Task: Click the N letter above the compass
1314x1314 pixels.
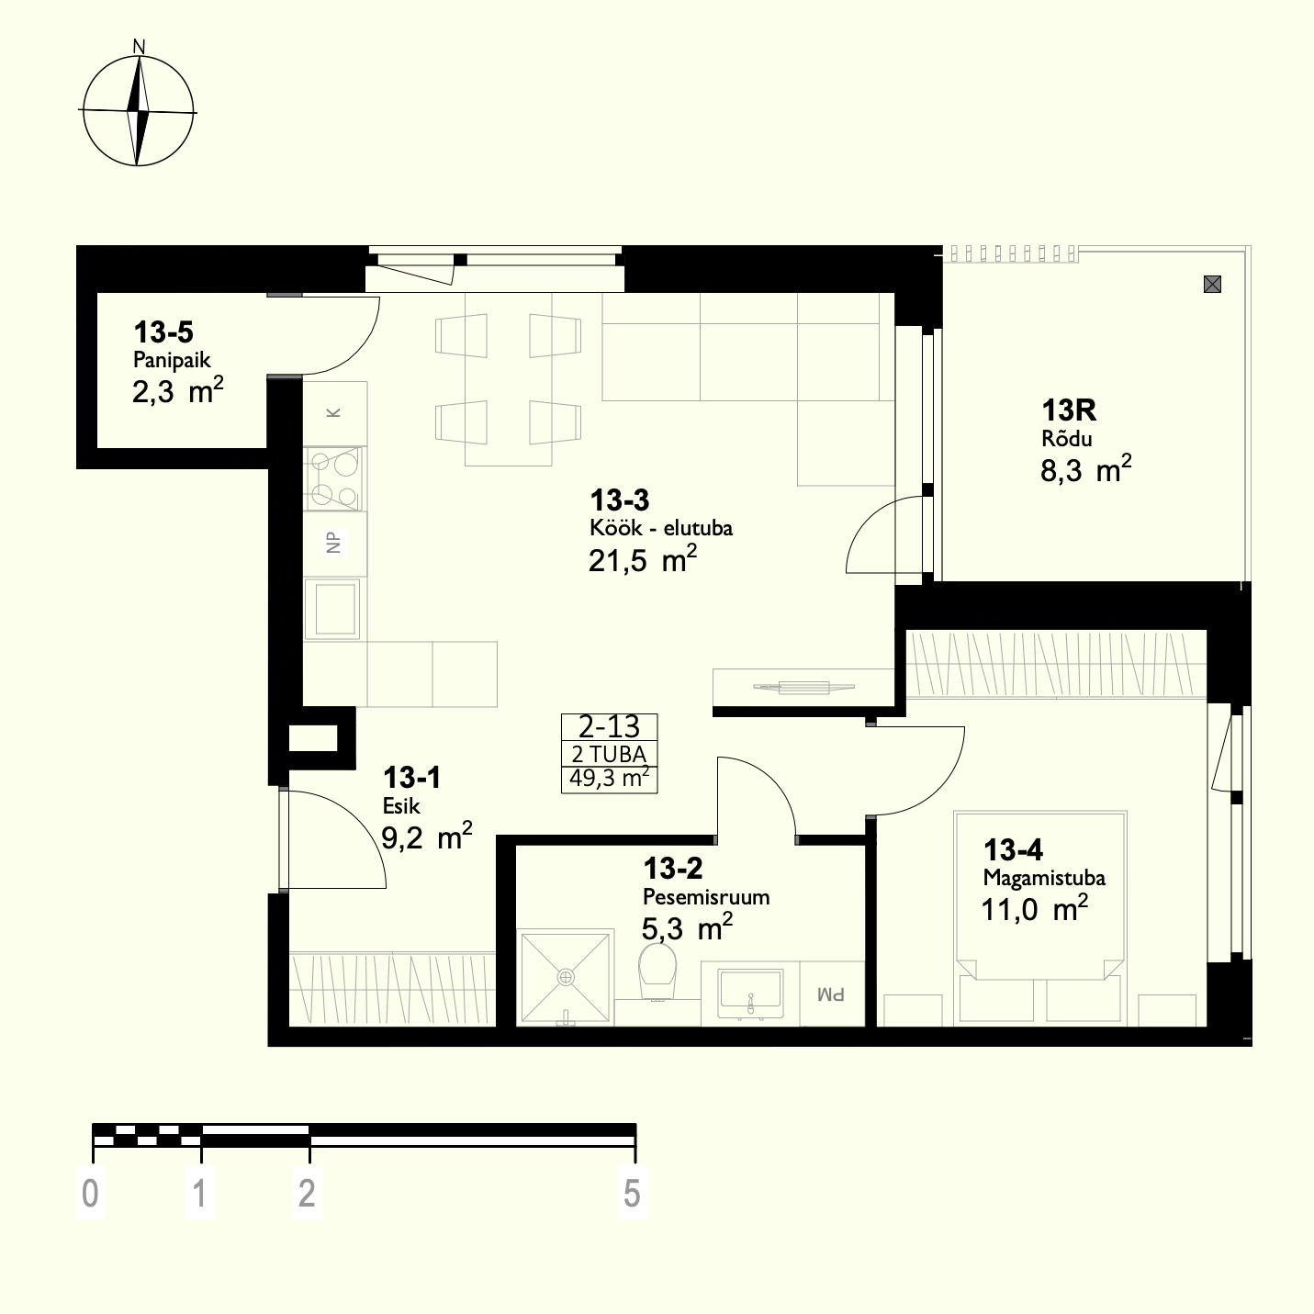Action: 139,47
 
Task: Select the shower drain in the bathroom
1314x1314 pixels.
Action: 566,978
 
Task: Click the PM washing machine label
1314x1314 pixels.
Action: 830,994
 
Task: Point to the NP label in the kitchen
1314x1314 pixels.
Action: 333,542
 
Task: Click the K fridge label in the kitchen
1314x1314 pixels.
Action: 333,412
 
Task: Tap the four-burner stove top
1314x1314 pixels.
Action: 333,478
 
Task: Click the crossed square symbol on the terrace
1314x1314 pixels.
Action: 1212,285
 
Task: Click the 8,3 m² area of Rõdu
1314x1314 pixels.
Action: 1085,469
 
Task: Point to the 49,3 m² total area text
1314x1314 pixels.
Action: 609,778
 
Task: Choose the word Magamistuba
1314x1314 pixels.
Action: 1044,878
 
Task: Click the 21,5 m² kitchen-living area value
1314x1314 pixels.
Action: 643,559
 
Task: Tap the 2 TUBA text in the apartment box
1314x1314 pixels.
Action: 609,754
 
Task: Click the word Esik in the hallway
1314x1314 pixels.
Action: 401,806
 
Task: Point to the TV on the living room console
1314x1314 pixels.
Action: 804,688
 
